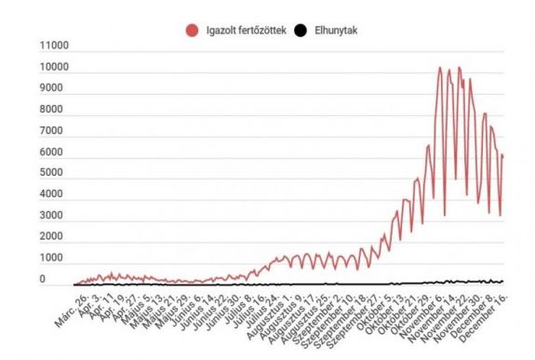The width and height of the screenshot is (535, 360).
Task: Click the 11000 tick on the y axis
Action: point(55,46)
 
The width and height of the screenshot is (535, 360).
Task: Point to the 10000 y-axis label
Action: point(55,67)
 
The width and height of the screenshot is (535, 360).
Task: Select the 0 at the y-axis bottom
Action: point(42,279)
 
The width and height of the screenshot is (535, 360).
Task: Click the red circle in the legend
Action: point(193,31)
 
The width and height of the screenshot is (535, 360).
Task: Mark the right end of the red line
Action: point(503,156)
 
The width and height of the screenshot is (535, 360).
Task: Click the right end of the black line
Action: point(503,281)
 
